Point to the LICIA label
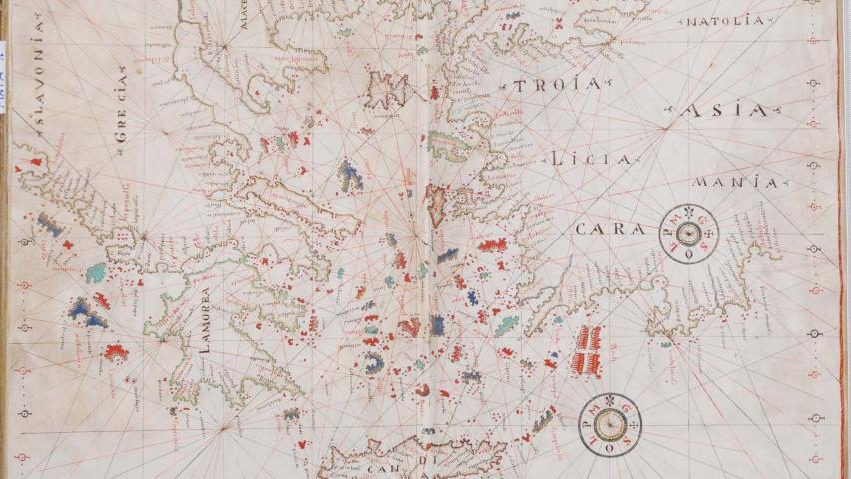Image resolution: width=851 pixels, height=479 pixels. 590,159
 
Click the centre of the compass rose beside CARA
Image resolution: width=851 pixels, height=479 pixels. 687,234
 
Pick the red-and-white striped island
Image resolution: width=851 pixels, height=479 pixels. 589,350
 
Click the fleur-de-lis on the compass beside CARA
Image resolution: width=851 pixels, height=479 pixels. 687,212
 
